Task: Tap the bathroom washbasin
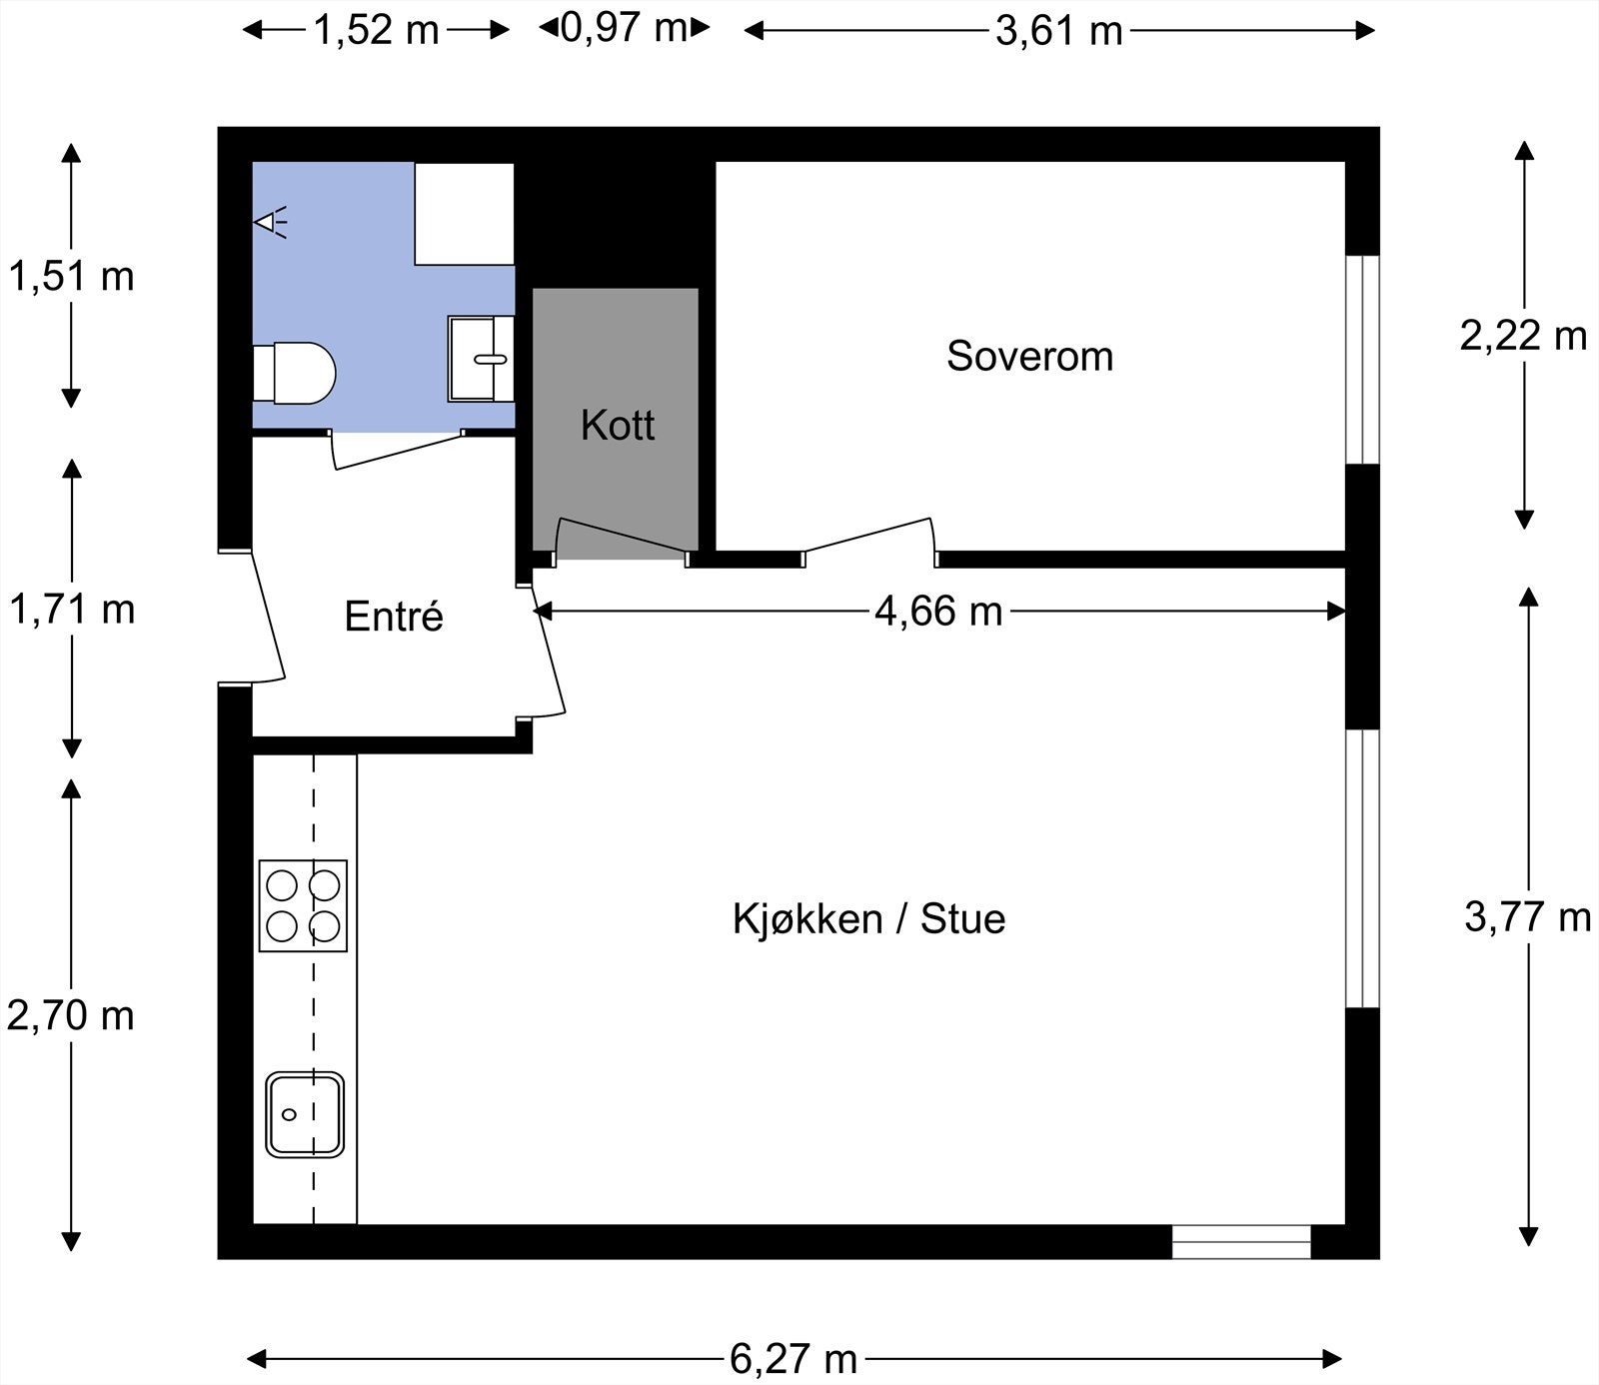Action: tap(481, 358)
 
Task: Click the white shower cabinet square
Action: tap(464, 214)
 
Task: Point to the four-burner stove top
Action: tap(303, 905)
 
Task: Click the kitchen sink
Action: tap(305, 1114)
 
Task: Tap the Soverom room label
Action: tap(1029, 357)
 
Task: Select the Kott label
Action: tap(618, 426)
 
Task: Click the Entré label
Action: tap(394, 617)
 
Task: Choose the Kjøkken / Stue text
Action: tap(868, 919)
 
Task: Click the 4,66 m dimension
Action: tap(937, 611)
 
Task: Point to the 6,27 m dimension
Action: tap(794, 1359)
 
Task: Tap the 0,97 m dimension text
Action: tap(624, 28)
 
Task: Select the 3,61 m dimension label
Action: tap(1059, 31)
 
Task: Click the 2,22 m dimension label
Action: tap(1523, 336)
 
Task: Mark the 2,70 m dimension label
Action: tap(70, 1015)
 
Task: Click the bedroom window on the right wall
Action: tap(1362, 360)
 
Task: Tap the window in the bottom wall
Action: tap(1240, 1242)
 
